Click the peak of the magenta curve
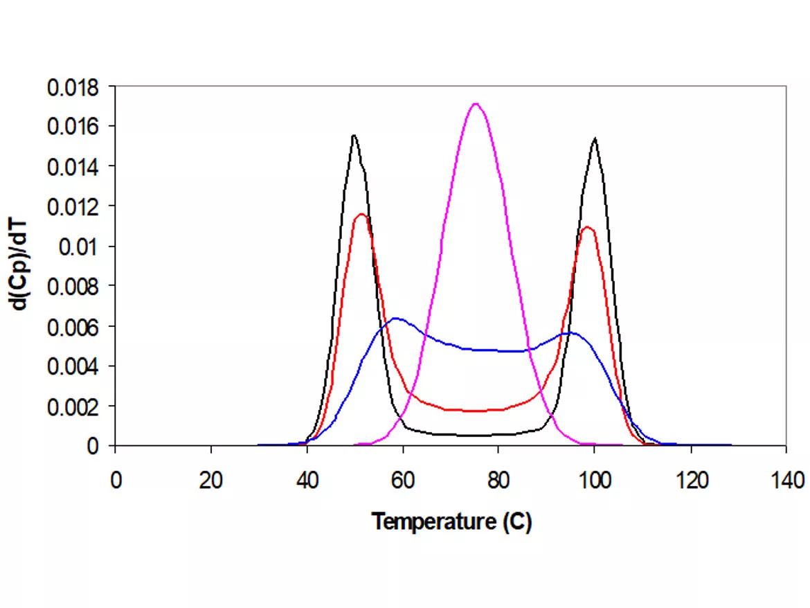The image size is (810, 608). tap(475, 104)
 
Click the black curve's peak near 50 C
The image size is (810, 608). tap(354, 135)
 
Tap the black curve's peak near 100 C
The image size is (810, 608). tap(595, 138)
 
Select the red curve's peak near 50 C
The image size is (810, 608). tap(361, 214)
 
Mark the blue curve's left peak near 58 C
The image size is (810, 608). tap(395, 319)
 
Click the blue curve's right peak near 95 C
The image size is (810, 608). tap(569, 333)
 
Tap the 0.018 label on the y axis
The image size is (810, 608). tap(72, 87)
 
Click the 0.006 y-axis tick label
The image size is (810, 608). tap(72, 327)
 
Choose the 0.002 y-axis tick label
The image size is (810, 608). tap(72, 406)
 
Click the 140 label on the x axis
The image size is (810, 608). tap(786, 480)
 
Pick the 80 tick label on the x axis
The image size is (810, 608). tap(498, 480)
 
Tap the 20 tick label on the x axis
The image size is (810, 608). tap(210, 480)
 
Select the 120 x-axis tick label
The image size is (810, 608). tap(690, 480)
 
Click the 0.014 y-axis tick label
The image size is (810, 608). tap(72, 167)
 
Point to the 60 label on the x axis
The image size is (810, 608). tap(403, 480)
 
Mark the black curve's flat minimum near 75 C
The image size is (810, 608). tap(478, 436)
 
